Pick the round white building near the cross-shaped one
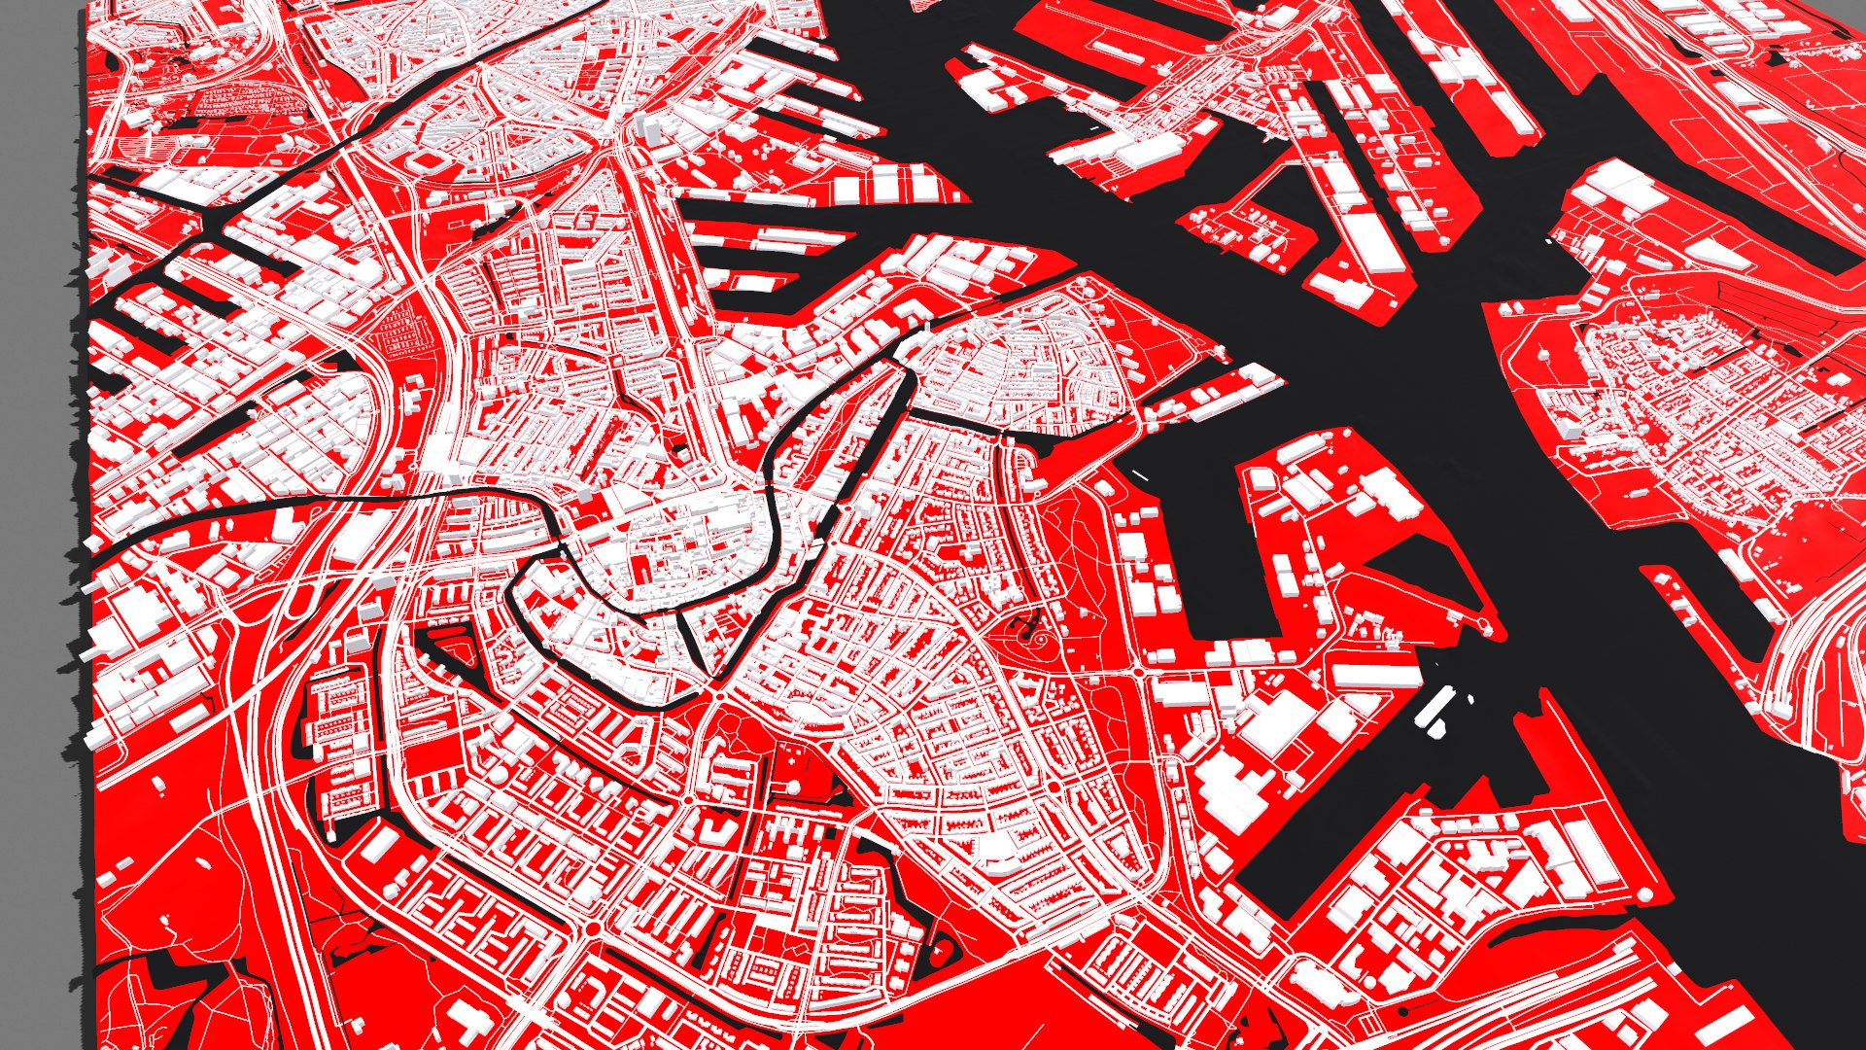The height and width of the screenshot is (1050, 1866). pyautogui.click(x=793, y=786)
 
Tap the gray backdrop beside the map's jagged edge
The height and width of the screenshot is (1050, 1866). pyautogui.click(x=39, y=486)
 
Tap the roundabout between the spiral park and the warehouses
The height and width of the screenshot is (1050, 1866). pyautogui.click(x=1138, y=672)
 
